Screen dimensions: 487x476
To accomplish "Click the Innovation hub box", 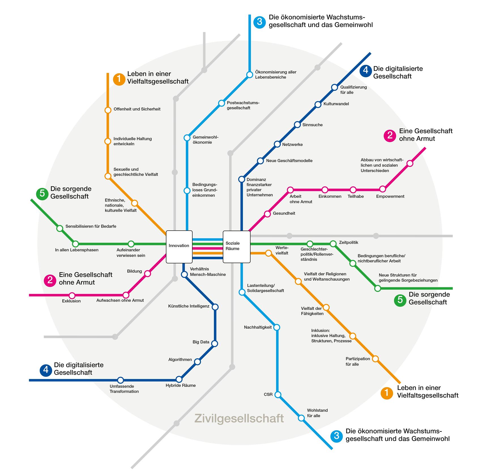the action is coord(179,246).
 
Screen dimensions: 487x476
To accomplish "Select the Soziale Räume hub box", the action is coord(237,246).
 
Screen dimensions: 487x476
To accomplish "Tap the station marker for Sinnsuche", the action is coord(297,125).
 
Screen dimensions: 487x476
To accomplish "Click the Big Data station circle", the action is coord(215,344).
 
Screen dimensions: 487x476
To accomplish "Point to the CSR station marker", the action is coord(278,394).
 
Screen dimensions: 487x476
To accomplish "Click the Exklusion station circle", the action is coord(72,295).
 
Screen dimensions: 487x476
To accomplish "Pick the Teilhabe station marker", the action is coord(353,189).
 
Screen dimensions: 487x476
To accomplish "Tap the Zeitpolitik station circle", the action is coord(333,243).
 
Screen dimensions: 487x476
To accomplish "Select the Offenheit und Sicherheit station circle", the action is coord(108,110).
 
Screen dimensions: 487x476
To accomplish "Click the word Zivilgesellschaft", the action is coord(239,418).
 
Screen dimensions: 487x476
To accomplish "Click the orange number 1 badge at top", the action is coord(119,79).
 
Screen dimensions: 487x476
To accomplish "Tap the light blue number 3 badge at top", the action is coord(259,22).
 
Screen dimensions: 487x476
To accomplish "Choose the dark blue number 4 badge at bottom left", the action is coord(46,370).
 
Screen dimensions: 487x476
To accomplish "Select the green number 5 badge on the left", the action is coord(42,194).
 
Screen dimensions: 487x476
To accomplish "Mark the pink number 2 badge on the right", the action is coord(390,136).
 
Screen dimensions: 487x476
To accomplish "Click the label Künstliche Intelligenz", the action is coord(189,306).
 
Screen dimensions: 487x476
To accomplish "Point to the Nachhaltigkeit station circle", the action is coord(277,327).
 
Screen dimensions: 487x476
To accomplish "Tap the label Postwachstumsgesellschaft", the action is coord(243,105).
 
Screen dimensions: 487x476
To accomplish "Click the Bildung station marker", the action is coord(147,273).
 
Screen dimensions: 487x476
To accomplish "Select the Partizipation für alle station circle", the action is coord(375,359).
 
